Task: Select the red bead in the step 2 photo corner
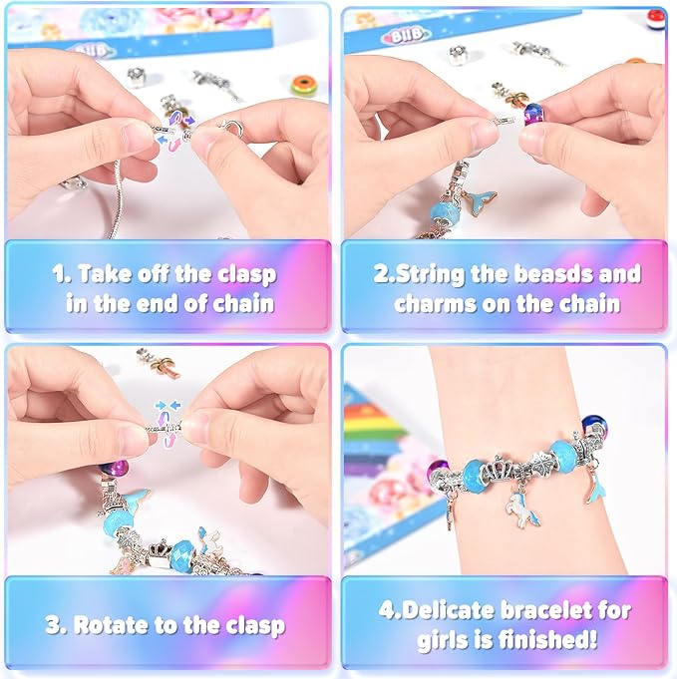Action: point(655,18)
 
